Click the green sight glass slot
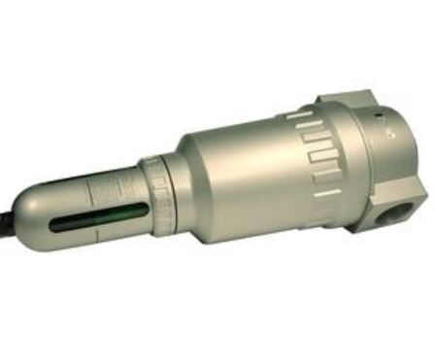(97, 214)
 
